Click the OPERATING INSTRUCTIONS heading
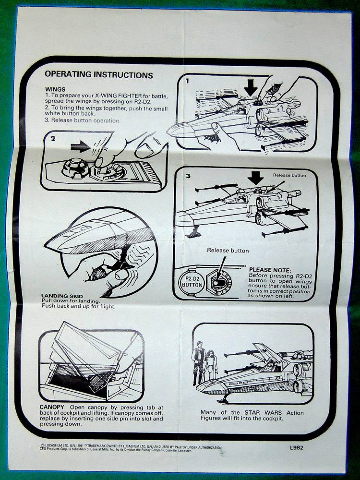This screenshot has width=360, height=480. click(98, 74)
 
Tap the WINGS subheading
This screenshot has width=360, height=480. click(55, 89)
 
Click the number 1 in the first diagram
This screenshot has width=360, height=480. click(187, 81)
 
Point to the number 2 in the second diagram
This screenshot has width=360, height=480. click(53, 139)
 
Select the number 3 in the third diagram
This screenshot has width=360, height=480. click(188, 176)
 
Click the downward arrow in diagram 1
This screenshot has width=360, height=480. click(251, 87)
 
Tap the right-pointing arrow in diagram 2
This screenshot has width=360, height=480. click(80, 146)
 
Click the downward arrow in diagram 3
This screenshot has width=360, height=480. click(255, 178)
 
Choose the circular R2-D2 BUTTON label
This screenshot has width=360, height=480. click(192, 282)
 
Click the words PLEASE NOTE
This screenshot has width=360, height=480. click(270, 270)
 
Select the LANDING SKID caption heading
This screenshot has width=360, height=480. click(62, 296)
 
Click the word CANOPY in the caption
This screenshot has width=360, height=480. click(52, 407)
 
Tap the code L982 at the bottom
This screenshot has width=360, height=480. click(297, 447)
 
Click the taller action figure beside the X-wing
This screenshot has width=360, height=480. click(198, 363)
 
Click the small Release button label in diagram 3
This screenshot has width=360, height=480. click(289, 175)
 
